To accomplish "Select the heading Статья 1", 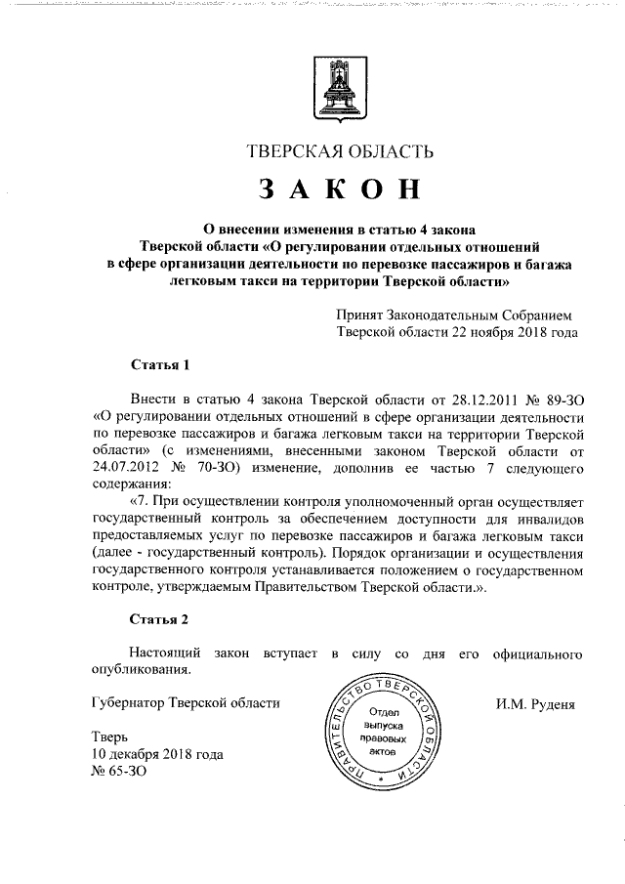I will click(159, 365).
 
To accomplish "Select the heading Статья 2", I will click(159, 619).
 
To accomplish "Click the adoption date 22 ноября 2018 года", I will click(510, 332).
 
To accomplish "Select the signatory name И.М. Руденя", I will click(536, 702).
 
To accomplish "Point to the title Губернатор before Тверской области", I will click(127, 702).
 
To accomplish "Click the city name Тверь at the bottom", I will click(107, 737).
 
